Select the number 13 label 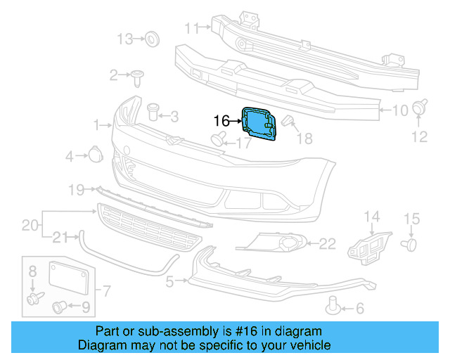point(124,38)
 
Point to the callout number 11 point(192,28)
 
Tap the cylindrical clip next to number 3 point(153,111)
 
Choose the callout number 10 point(399,110)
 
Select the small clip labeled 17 point(219,137)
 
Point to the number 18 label point(304,139)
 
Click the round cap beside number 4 point(95,155)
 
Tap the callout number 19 point(77,189)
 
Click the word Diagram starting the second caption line point(101,345)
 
